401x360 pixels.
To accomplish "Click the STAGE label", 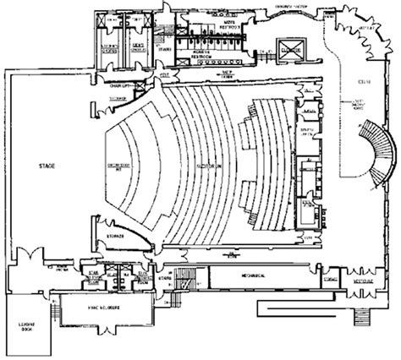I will point(47,167).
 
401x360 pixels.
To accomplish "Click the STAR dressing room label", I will point(95,275).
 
